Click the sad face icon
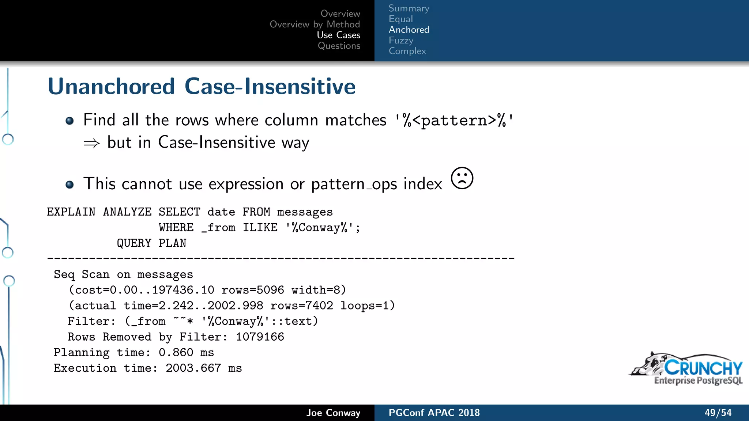[x=462, y=178]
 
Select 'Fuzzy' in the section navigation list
[x=401, y=40]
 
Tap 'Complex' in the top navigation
[x=407, y=51]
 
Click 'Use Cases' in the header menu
[x=338, y=35]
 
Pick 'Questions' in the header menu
[x=339, y=46]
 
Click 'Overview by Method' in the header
[x=315, y=24]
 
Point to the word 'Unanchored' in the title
[x=111, y=87]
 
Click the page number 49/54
[x=718, y=413]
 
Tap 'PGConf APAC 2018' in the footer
[x=434, y=413]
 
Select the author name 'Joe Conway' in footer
[x=333, y=413]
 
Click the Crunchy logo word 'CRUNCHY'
[x=703, y=368]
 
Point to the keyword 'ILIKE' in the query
[x=260, y=228]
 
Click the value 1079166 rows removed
[x=260, y=337]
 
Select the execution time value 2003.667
[x=193, y=368]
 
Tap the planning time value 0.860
[x=176, y=352]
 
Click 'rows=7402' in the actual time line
[x=302, y=306]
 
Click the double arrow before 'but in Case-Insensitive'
[x=91, y=143]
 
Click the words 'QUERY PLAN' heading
[x=151, y=243]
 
